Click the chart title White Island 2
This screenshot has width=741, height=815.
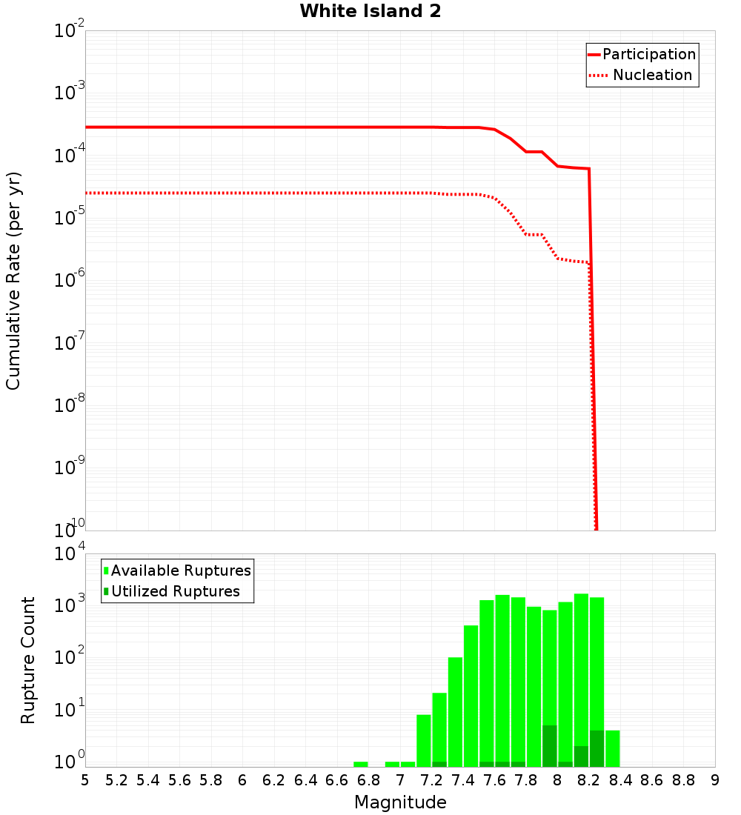(370, 12)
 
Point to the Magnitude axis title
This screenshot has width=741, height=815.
(400, 802)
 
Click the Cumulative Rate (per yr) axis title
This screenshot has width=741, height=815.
(14, 281)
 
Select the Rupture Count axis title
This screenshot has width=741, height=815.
(28, 660)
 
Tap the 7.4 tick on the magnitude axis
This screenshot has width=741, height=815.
(463, 780)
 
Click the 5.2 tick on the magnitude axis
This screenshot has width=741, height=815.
(117, 780)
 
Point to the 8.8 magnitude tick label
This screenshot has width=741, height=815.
(683, 780)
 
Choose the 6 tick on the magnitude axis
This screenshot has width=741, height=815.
(242, 780)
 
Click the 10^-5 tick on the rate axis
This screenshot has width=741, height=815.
(69, 218)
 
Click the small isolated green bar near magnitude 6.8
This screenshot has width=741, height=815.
(361, 764)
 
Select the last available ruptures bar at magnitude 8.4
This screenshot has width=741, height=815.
(613, 748)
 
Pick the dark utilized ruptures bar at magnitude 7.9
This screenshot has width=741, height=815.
(550, 746)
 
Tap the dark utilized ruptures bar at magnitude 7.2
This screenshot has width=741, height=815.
(439, 764)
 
